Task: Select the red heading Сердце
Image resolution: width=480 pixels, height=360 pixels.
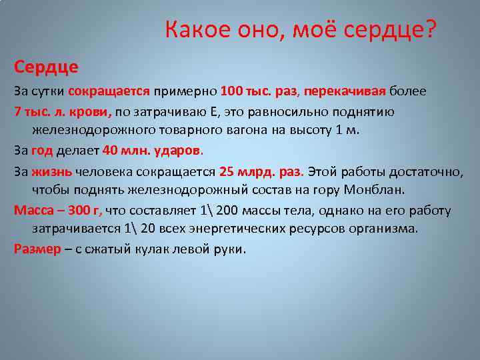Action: point(46,67)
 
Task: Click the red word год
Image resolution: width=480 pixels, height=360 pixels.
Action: point(41,150)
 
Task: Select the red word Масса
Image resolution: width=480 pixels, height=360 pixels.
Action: point(31,211)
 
